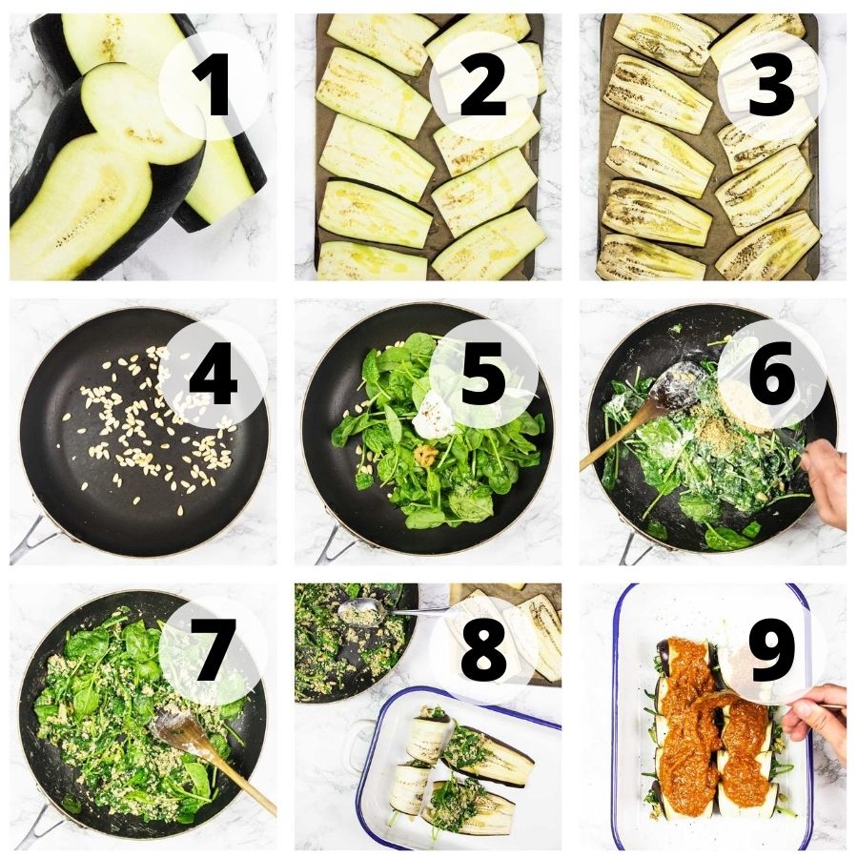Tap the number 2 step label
(x=483, y=89)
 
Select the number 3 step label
(x=771, y=89)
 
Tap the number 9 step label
(x=771, y=649)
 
